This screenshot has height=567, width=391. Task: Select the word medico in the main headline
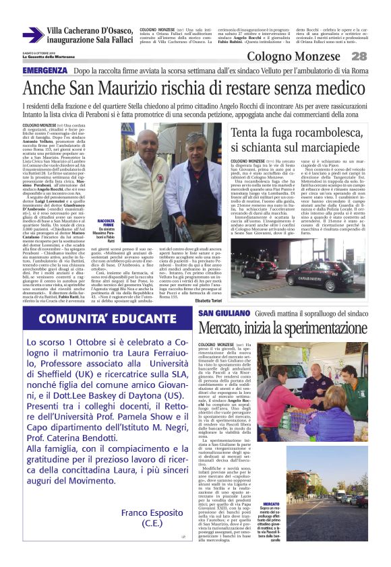(337, 88)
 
